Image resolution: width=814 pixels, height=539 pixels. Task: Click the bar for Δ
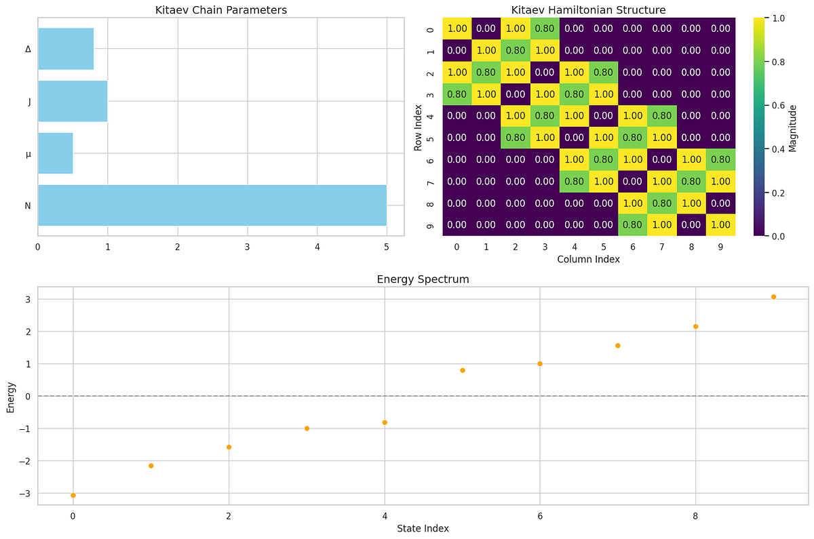pos(66,49)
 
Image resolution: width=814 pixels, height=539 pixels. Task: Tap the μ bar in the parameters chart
pos(55,153)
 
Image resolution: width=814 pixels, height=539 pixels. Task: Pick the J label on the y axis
pos(28,102)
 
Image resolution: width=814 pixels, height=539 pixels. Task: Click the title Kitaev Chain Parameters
pos(221,9)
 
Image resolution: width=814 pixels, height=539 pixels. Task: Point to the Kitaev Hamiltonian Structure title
pos(589,9)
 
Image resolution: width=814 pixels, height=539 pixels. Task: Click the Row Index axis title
pos(419,127)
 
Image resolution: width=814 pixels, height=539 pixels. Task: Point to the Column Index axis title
pos(589,259)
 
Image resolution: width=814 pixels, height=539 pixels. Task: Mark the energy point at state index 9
pos(773,297)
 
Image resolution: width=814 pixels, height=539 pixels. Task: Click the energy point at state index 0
pos(73,496)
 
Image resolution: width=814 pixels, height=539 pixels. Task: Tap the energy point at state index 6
pos(540,364)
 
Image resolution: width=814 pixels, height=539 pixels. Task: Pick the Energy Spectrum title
pos(423,279)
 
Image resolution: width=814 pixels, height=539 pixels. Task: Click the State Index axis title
pos(423,528)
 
